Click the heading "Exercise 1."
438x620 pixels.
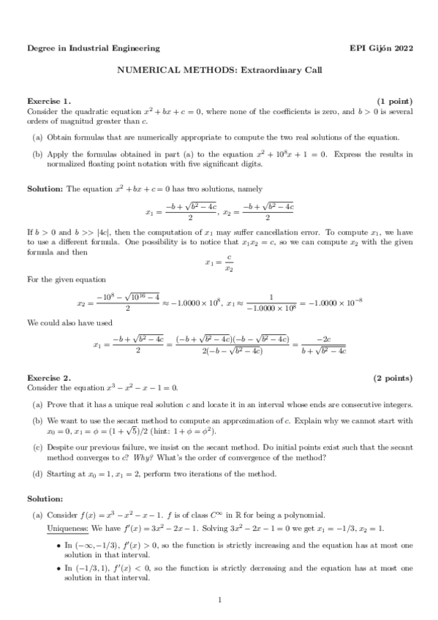[49, 100]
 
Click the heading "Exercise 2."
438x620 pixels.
[49, 377]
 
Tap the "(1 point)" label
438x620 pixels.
[394, 100]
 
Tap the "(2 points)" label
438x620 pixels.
[393, 377]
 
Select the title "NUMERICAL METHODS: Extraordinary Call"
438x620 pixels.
[219, 70]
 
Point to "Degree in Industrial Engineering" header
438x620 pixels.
[93, 48]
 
